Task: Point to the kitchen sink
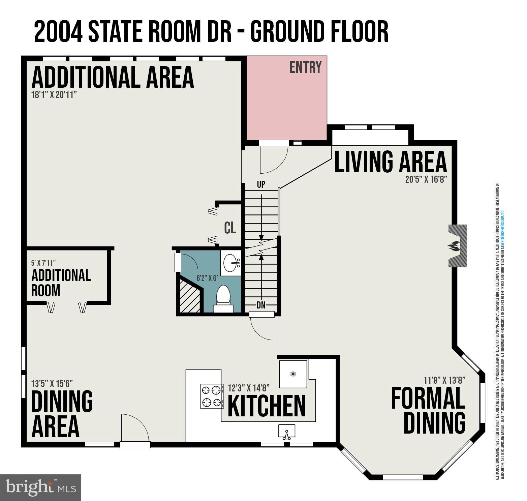(286, 432)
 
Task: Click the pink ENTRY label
(306, 67)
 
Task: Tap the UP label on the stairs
(261, 184)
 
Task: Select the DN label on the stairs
(261, 305)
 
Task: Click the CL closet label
(230, 228)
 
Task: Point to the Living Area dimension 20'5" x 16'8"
(426, 180)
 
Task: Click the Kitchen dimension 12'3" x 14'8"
(249, 388)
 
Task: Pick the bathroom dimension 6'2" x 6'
(207, 278)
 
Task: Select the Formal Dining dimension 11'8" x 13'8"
(444, 380)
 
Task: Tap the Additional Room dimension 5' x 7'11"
(43, 263)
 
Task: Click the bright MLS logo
(40, 488)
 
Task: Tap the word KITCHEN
(267, 406)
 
